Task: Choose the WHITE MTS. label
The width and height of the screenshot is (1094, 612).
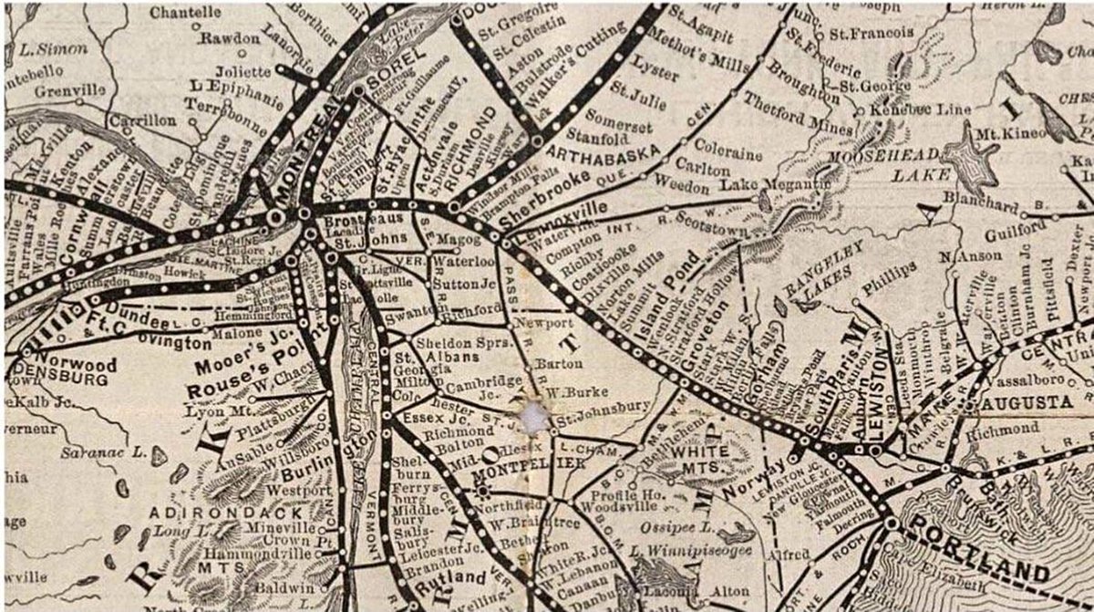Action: pyautogui.click(x=699, y=458)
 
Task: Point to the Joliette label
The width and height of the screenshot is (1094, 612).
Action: pyautogui.click(x=242, y=71)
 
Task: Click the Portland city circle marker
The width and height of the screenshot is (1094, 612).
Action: pyautogui.click(x=890, y=524)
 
